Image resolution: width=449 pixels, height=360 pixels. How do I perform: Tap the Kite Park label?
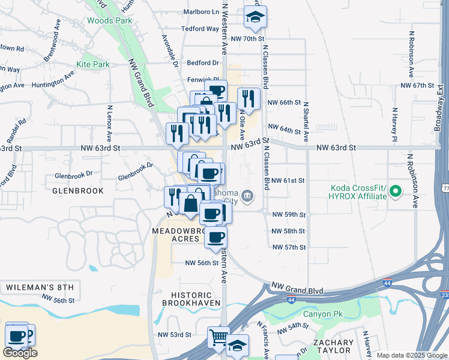pyautogui.click(x=92, y=64)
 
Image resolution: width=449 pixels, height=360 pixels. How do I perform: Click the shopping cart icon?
pyautogui.click(x=218, y=337)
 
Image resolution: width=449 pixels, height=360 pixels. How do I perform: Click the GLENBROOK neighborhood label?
pyautogui.click(x=78, y=190)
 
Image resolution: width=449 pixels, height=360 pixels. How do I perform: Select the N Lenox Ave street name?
pyautogui.click(x=110, y=124)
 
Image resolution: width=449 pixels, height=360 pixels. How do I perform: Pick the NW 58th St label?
pyautogui.click(x=288, y=231)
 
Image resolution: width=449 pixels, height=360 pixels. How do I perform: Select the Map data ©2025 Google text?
pyautogui.click(x=412, y=355)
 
